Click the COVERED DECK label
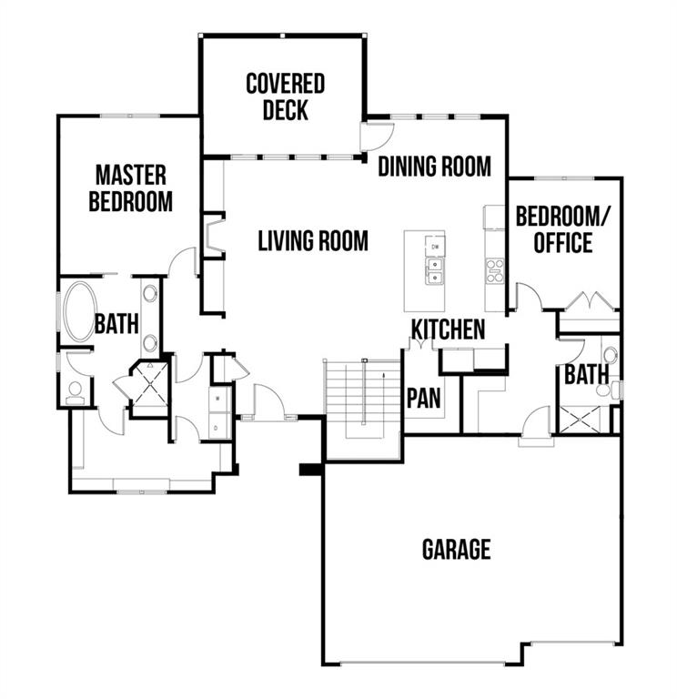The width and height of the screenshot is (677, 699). pos(285,97)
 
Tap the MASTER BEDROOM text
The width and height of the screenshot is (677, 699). pos(130,187)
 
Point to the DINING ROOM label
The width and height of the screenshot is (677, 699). pos(434,167)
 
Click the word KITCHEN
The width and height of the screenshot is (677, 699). pos(448,329)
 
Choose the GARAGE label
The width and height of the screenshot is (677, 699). pos(456,550)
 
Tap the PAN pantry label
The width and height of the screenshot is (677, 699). pos(423,398)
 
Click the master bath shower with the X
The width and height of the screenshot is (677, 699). pos(151,382)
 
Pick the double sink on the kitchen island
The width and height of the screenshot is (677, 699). pos(435,271)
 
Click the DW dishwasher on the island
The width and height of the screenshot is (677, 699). pos(435,247)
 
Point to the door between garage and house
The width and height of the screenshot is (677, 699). pos(536,424)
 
